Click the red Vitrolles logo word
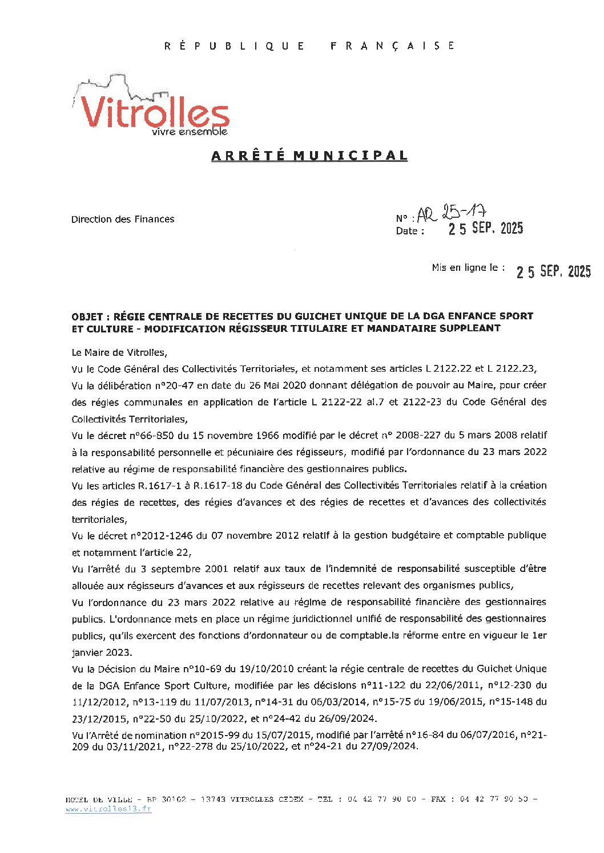(154, 112)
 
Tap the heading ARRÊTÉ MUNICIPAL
(309, 156)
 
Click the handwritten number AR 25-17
(452, 214)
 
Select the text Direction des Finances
(123, 219)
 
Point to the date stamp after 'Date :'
(485, 229)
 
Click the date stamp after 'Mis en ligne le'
(553, 271)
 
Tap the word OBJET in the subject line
(87, 316)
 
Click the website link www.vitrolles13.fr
(108, 810)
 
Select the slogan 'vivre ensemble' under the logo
(190, 132)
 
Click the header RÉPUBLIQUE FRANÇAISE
(309, 46)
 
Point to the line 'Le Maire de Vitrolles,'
(119, 352)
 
